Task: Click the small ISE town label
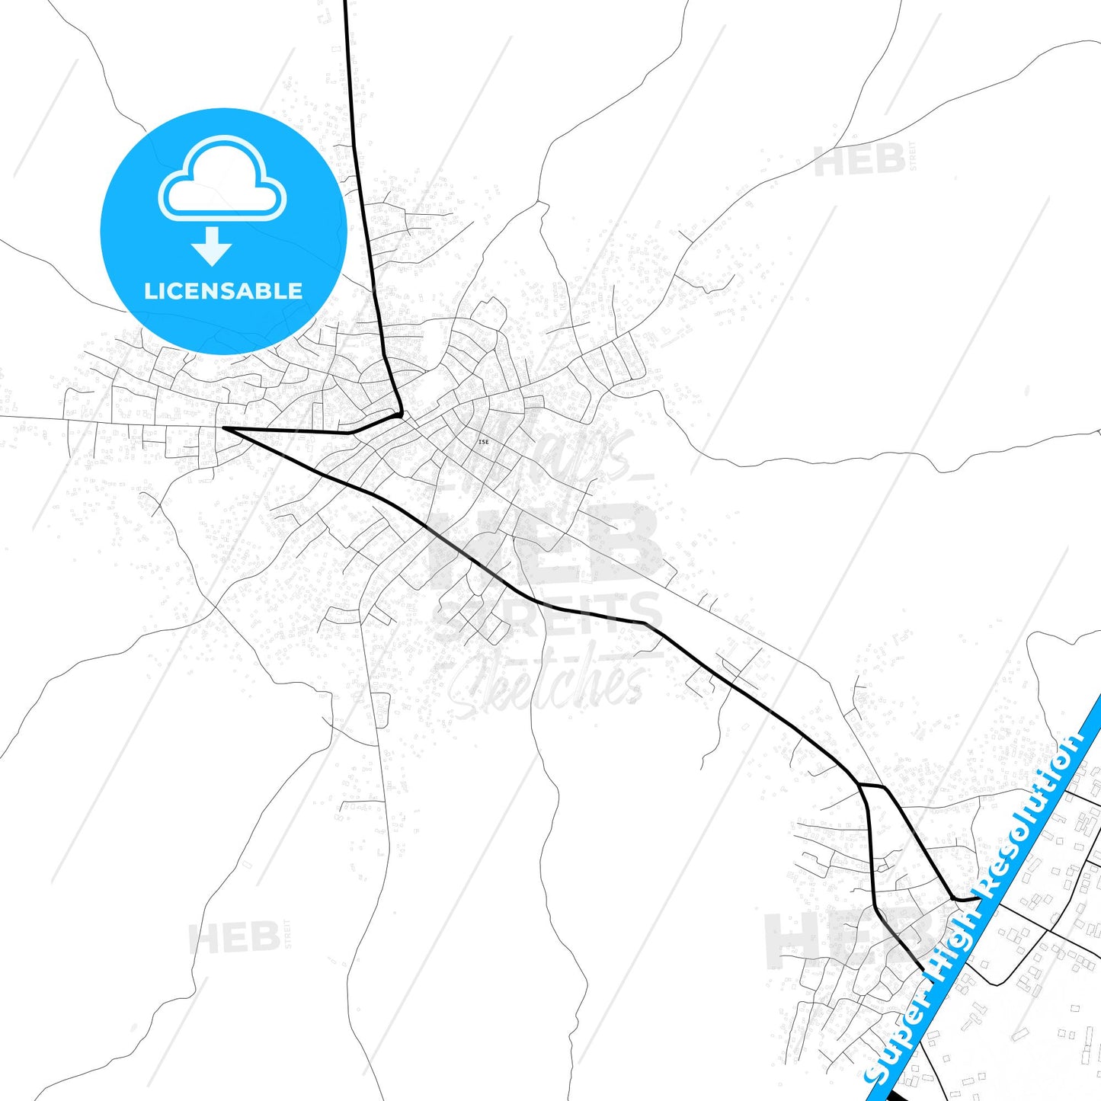click(x=483, y=442)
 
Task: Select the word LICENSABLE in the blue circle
click(x=223, y=291)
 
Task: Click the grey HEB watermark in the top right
click(x=860, y=161)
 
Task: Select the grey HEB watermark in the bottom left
click(x=235, y=937)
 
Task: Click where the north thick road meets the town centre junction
click(x=400, y=415)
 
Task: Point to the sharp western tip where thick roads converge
click(x=223, y=428)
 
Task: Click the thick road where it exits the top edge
click(x=346, y=3)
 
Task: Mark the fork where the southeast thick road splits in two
click(x=859, y=783)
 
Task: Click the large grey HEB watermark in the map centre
click(x=545, y=545)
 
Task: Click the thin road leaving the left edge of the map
click(x=3, y=416)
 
